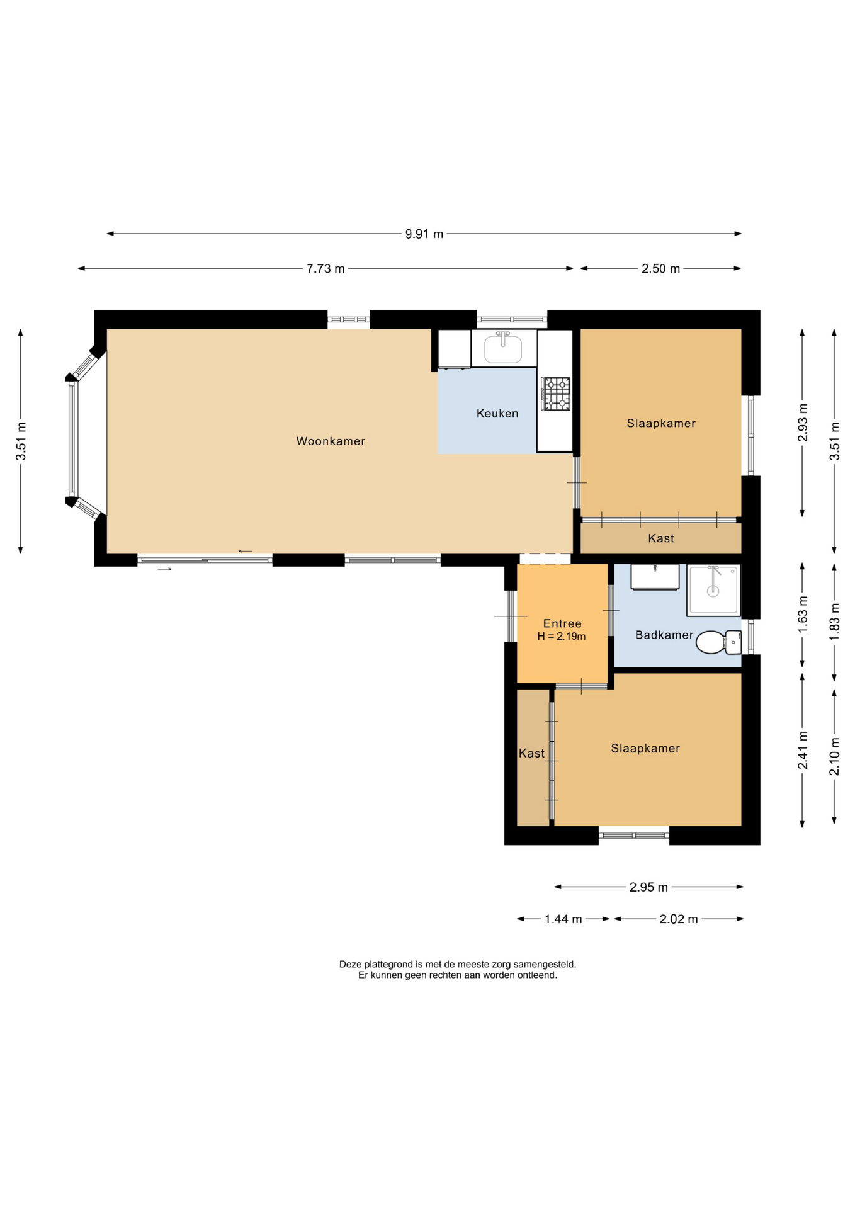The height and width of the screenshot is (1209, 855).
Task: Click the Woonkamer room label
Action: (x=331, y=441)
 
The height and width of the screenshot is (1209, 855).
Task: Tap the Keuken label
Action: (x=497, y=414)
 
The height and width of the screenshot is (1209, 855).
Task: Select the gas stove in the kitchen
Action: (x=556, y=394)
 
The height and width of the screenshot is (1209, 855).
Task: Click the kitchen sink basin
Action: (x=503, y=349)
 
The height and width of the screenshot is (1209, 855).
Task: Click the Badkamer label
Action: (x=664, y=635)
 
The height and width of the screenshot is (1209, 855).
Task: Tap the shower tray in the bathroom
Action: (x=713, y=590)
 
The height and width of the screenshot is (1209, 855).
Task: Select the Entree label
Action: (x=562, y=623)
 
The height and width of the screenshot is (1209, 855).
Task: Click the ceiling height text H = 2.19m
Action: (x=562, y=637)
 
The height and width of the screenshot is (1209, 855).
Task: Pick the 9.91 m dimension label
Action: (x=424, y=234)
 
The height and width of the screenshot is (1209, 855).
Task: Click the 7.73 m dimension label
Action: (x=326, y=269)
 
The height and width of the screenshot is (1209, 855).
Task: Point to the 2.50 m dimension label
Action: (x=660, y=269)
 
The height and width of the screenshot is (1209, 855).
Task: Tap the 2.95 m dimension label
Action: (x=648, y=887)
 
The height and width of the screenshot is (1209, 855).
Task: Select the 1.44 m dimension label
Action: (x=563, y=919)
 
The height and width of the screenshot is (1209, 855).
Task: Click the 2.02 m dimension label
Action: (x=679, y=919)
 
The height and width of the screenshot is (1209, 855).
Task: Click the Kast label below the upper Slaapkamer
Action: (x=661, y=538)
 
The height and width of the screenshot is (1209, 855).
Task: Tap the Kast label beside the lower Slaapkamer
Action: (x=531, y=753)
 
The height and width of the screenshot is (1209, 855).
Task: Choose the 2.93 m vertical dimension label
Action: (x=803, y=423)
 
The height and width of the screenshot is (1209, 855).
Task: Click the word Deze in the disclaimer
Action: (x=351, y=964)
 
